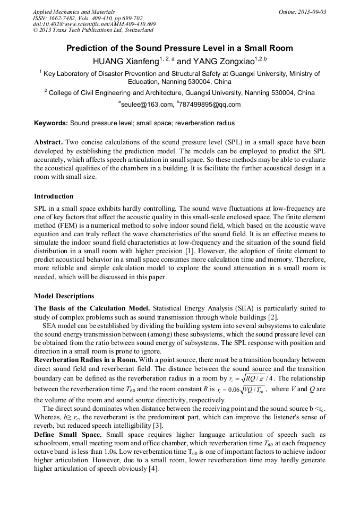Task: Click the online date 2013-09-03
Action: coord(312,12)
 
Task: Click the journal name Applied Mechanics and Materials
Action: coord(67,12)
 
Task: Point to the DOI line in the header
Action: coord(94,24)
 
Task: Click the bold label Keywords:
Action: coord(51,123)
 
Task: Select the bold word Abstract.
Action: coord(49,143)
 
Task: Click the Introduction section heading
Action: coord(54,196)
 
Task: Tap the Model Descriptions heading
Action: coord(64,296)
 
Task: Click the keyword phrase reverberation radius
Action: coord(205,123)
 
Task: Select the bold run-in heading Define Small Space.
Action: coord(69,435)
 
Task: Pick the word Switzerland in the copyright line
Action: coord(136,31)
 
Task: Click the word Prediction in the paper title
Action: coord(87,48)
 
